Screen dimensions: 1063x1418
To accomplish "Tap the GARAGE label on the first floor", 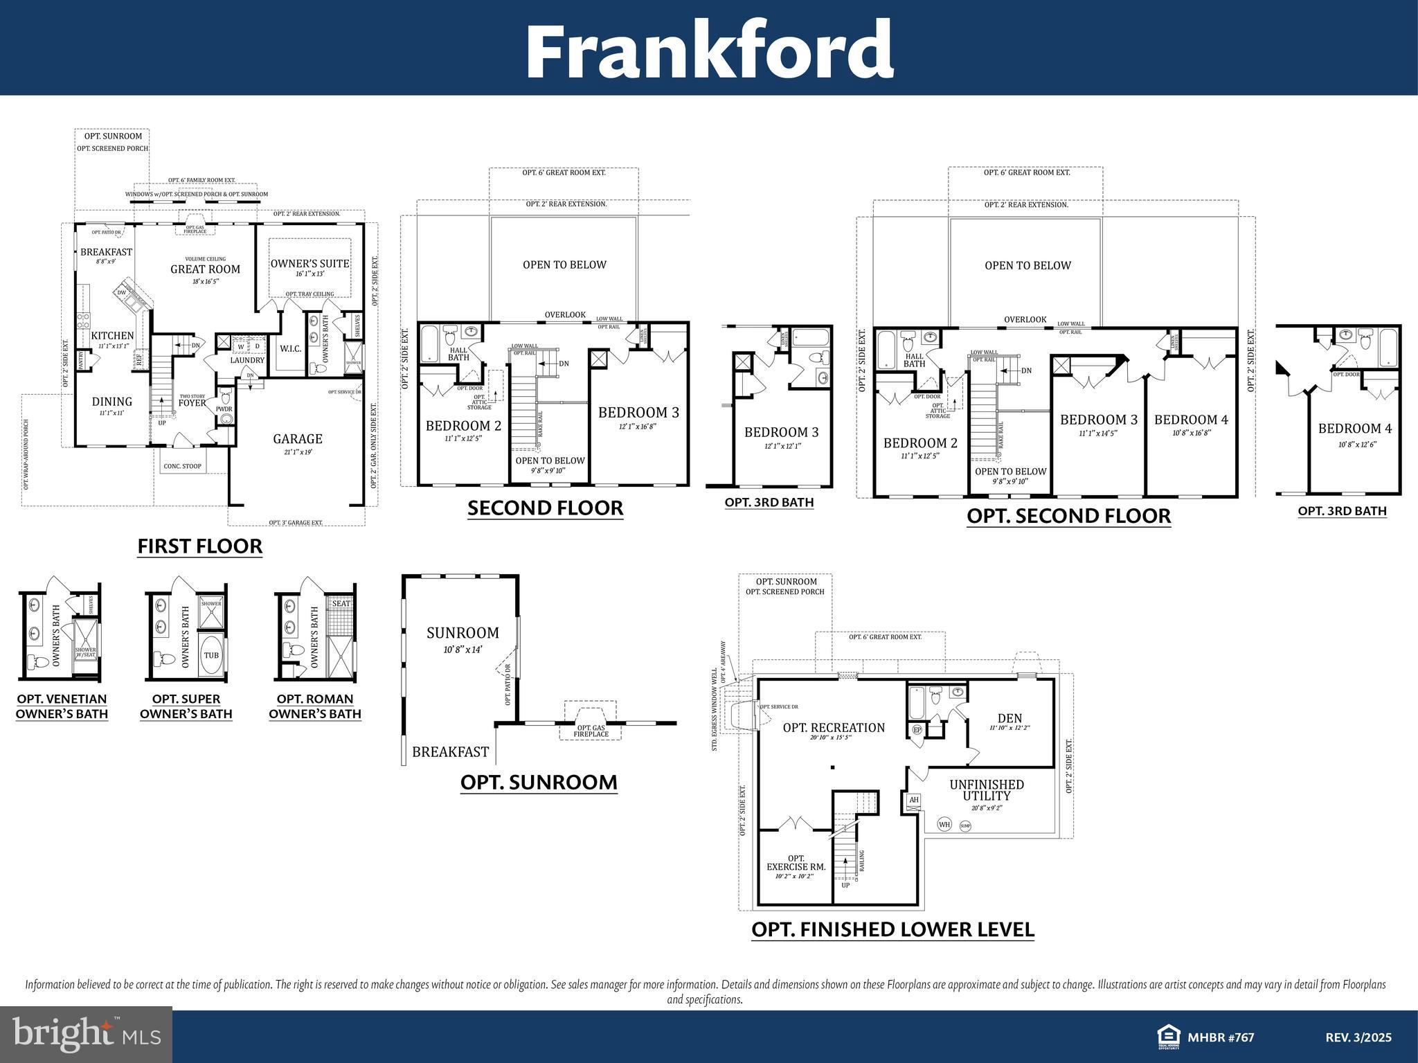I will (x=298, y=438).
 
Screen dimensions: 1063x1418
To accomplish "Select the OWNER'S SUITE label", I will (x=309, y=264).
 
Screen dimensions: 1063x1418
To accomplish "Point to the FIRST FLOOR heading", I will (x=199, y=546).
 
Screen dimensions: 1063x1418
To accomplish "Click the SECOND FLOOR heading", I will (x=545, y=508).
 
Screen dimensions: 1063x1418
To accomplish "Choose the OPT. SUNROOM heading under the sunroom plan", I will (x=539, y=783).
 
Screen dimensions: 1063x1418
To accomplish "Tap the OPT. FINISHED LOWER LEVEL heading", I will (x=892, y=929).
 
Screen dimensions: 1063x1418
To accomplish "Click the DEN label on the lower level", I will (x=1009, y=719).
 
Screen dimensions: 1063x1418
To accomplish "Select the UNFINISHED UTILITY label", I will (x=987, y=790).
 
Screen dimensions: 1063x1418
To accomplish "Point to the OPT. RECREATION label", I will (x=834, y=728).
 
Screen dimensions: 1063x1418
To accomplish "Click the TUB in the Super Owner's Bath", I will (x=211, y=656).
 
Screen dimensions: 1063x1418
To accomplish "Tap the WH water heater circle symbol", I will (x=944, y=824).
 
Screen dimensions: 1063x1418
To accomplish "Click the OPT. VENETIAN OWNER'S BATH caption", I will (x=62, y=706).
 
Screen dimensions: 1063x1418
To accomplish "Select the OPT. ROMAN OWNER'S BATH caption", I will (x=315, y=706).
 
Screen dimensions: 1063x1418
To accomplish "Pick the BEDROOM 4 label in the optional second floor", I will (x=1191, y=420).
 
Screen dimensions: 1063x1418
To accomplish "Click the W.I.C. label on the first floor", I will (x=291, y=348).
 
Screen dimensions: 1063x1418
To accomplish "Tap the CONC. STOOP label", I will (x=182, y=466).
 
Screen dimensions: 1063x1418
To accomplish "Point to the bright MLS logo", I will (x=87, y=1035).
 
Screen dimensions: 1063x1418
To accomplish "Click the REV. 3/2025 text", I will (x=1358, y=1037).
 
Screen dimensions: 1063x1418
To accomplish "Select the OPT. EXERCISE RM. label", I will (x=796, y=863).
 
